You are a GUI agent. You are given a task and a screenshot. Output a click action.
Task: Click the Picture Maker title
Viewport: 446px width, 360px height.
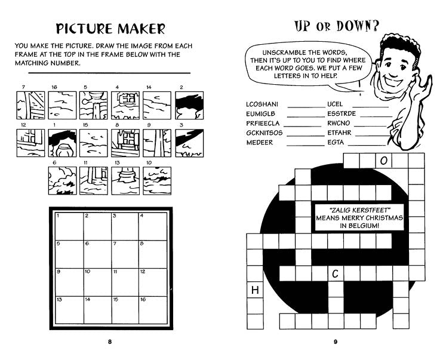pyautogui.click(x=110, y=29)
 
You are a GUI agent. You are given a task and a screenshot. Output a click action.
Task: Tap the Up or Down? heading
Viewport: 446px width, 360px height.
pyautogui.click(x=337, y=26)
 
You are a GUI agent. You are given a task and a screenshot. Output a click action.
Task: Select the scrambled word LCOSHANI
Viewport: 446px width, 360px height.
pyautogui.click(x=262, y=104)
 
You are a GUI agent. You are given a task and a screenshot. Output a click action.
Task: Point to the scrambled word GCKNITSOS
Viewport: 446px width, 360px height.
pyautogui.click(x=264, y=133)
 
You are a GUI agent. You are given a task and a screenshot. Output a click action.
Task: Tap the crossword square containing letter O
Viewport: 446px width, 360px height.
pyautogui.click(x=384, y=161)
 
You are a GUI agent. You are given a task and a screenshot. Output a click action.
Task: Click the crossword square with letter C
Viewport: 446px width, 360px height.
pyautogui.click(x=336, y=273)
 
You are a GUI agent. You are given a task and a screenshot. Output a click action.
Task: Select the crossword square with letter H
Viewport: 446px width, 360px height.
pyautogui.click(x=255, y=290)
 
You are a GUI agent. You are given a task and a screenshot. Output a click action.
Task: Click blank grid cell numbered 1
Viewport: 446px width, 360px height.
pyautogui.click(x=69, y=226)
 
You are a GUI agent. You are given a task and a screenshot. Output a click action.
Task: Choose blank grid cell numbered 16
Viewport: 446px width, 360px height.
pyautogui.click(x=153, y=310)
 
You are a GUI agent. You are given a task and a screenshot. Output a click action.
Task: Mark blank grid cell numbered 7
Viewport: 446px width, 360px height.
pyautogui.click(x=125, y=254)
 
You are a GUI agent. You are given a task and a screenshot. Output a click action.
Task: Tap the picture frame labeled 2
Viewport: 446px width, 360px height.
pyautogui.click(x=189, y=105)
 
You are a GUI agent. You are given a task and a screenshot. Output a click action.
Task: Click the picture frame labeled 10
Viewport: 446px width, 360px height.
pyautogui.click(x=157, y=181)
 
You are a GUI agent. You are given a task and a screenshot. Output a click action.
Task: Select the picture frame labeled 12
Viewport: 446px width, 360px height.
pyautogui.click(x=30, y=143)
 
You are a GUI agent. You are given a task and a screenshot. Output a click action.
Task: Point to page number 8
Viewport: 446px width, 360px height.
pyautogui.click(x=110, y=342)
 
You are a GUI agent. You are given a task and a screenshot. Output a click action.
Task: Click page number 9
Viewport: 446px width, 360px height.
pyautogui.click(x=336, y=342)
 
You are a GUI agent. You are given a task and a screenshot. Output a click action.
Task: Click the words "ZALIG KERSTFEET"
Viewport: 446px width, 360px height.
pyautogui.click(x=359, y=210)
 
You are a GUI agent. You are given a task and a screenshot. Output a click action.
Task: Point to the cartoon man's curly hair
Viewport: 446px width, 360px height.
pyautogui.click(x=399, y=45)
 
